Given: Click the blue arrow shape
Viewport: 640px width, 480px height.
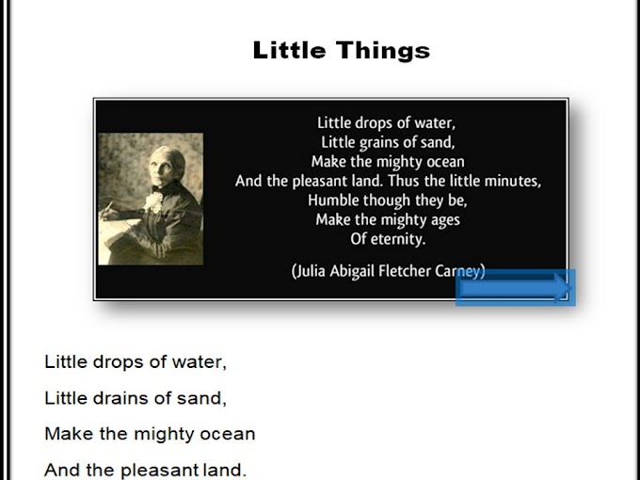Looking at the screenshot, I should coord(515,288).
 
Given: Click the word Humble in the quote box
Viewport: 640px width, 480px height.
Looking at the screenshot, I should coord(332,200).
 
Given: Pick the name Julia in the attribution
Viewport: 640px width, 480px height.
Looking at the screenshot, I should coord(312,271).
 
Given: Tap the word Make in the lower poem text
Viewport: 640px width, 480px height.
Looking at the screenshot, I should coord(64,434).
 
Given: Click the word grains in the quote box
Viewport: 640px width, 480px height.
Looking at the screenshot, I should coord(378,142).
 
